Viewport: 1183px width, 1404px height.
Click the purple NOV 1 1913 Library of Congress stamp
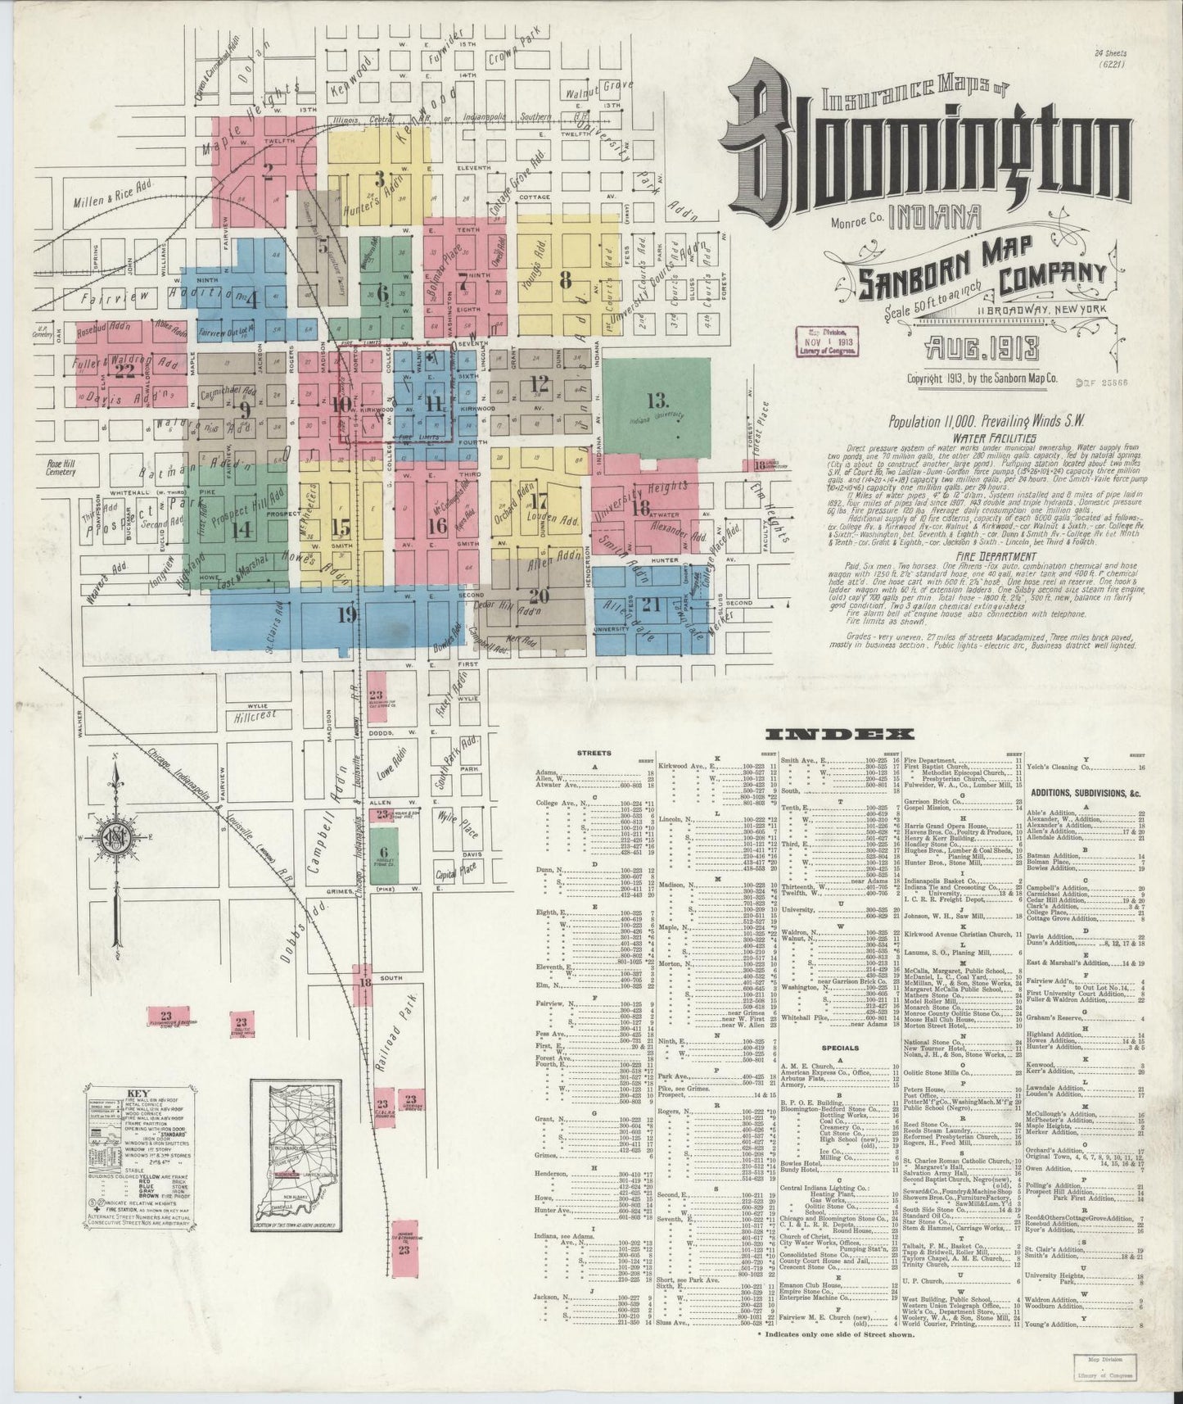827,342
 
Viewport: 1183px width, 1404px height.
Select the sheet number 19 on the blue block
345,615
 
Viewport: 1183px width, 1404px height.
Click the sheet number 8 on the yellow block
565,279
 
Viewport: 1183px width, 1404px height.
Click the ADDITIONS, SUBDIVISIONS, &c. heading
1084,793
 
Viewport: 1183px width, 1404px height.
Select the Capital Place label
456,873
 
